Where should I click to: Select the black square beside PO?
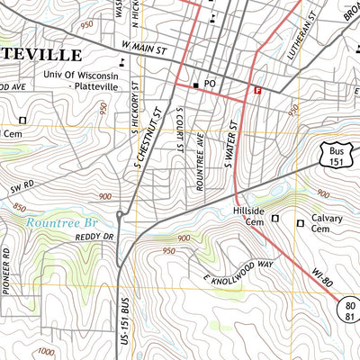pos(194,85)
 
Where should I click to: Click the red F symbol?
pos(258,90)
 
